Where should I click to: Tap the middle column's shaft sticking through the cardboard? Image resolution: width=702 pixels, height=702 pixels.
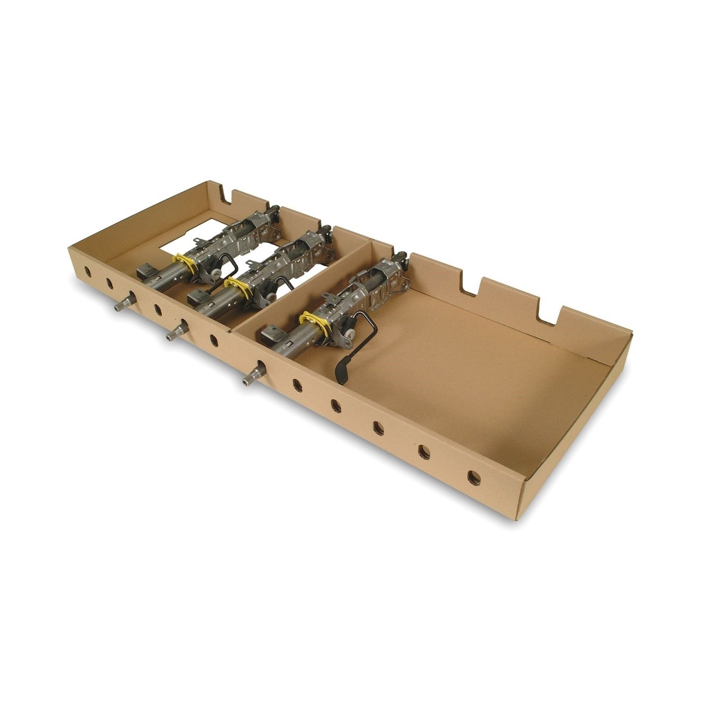click(x=171, y=335)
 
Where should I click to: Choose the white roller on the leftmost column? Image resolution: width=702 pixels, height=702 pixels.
click(x=214, y=276)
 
